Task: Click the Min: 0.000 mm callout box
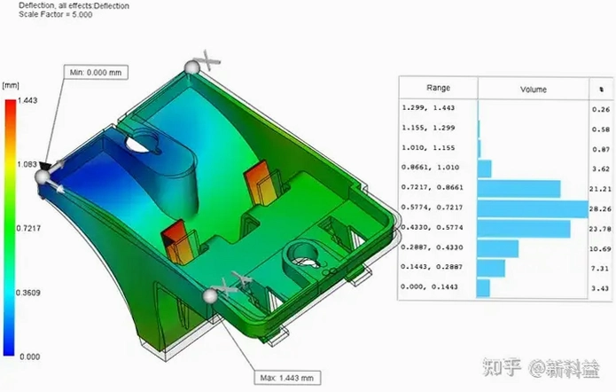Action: pos(96,73)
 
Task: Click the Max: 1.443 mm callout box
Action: pos(287,378)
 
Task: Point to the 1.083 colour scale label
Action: pos(27,164)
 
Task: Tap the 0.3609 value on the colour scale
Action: pos(27,293)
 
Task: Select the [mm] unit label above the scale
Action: pos(11,85)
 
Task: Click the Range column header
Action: pos(438,88)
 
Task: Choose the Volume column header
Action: pos(533,90)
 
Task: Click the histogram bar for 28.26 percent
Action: pos(533,209)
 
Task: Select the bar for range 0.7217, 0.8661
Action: pos(519,189)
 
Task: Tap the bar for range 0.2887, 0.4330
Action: pos(498,249)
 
